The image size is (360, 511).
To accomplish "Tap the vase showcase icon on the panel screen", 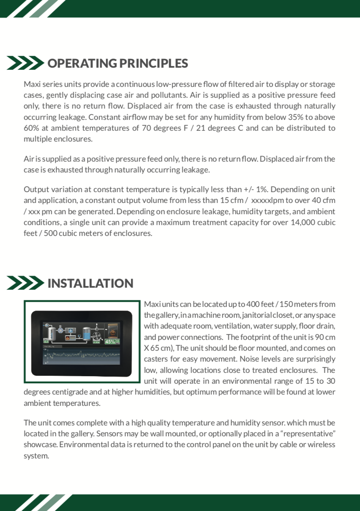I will coord(113,331).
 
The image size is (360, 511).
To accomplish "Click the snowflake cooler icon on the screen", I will coord(70,330).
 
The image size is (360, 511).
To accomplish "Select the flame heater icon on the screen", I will coord(68,338).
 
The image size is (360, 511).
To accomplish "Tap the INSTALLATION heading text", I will coord(90,283).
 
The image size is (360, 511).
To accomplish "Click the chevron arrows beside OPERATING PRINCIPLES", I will coord(25,63).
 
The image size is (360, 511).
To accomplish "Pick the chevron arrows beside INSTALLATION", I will coord(25,283).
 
